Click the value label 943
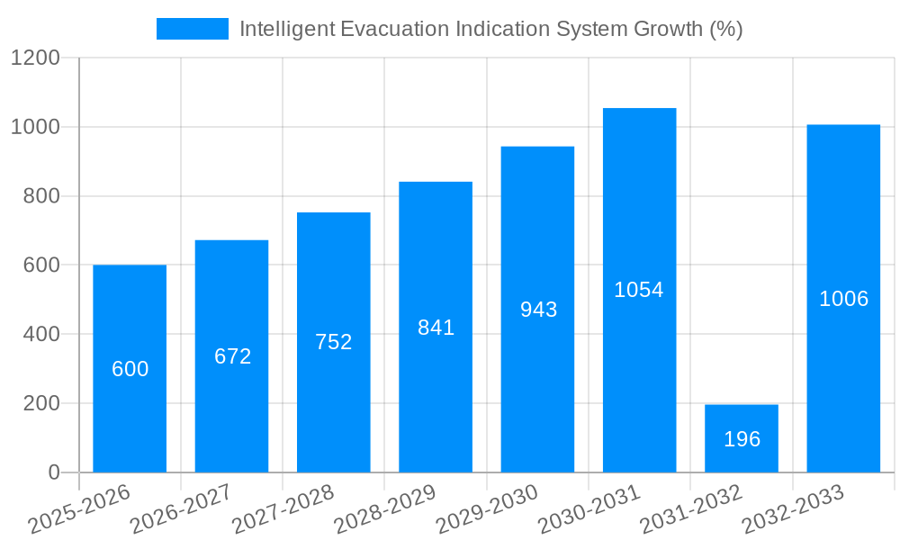pos(538,310)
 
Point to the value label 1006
pos(843,299)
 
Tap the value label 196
pos(742,439)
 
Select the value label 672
pos(232,356)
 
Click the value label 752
pos(334,342)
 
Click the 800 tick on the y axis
pos(40,196)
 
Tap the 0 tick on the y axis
pos(53,472)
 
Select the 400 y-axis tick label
pos(40,335)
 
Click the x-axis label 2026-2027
pos(181,508)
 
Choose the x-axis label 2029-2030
pos(487,508)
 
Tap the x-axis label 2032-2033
pos(793,508)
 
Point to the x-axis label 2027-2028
pos(283,508)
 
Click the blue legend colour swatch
pos(192,29)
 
